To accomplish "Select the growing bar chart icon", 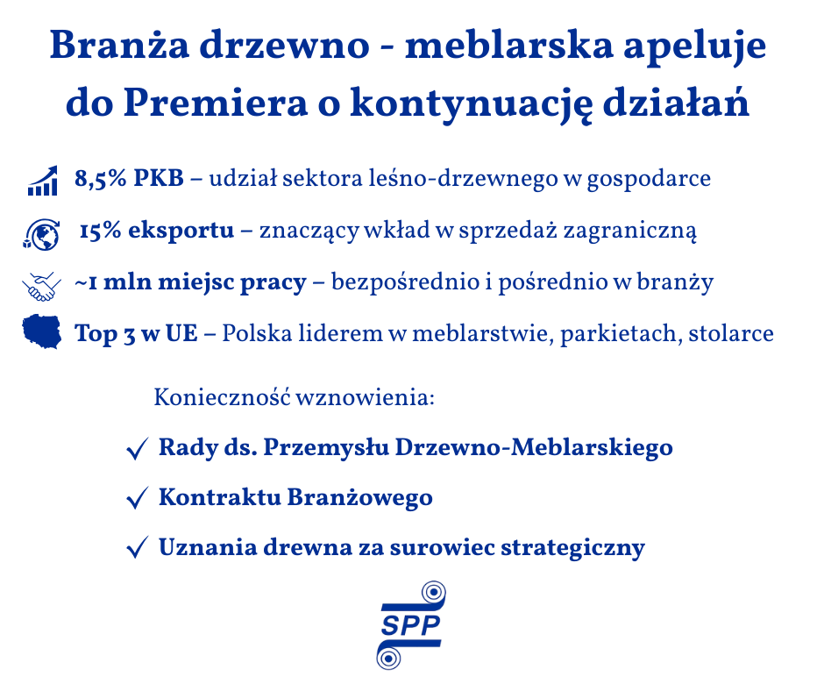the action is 43,181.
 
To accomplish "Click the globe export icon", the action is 41,234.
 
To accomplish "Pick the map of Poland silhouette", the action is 41,331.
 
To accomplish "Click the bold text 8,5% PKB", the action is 129,179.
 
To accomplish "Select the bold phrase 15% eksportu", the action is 157,231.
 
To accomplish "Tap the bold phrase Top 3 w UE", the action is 136,334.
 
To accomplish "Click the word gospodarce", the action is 649,180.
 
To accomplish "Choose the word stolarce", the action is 731,333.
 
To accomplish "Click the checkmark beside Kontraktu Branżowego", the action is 137,498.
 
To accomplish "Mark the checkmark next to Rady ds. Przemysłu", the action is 137,449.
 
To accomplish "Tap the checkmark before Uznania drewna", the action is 137,547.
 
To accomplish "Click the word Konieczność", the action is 222,396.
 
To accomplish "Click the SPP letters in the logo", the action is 410,625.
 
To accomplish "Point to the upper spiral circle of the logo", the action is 434,593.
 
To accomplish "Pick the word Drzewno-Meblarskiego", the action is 534,448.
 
